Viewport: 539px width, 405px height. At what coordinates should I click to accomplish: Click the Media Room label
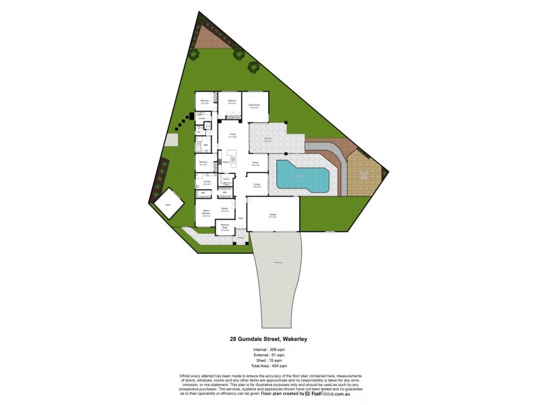pyautogui.click(x=255, y=105)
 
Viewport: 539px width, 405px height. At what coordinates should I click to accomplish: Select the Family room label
pyautogui.click(x=232, y=135)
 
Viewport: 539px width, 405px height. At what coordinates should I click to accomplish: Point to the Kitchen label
pyautogui.click(x=226, y=163)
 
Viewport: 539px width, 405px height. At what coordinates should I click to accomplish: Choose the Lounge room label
pyautogui.click(x=257, y=186)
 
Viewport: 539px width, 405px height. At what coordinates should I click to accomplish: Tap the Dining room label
pyautogui.click(x=256, y=163)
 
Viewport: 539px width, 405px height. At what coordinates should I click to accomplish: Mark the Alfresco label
pyautogui.click(x=267, y=140)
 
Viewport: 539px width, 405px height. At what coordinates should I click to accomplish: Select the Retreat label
pyautogui.click(x=224, y=209)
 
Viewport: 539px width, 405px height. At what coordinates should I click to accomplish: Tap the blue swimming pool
pyautogui.click(x=301, y=176)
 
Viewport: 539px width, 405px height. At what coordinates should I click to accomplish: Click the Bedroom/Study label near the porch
pyautogui.click(x=224, y=228)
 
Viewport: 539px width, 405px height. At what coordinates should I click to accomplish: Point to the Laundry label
pyautogui.click(x=202, y=118)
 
